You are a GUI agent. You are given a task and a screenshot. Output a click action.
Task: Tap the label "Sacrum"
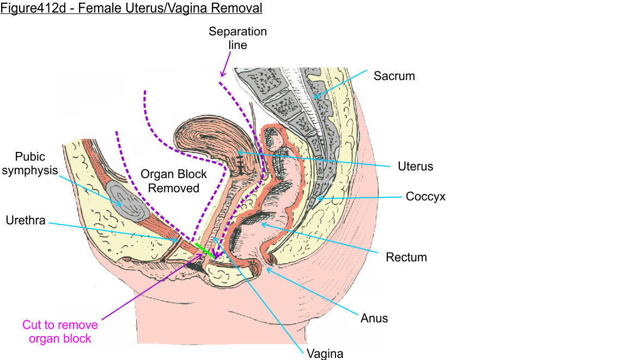coord(394,76)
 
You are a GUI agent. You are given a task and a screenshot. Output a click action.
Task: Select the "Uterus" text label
coord(415,166)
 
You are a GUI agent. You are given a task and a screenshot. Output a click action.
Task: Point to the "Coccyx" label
coord(425,197)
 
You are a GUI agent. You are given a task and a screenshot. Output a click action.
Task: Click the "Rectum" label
coord(406,257)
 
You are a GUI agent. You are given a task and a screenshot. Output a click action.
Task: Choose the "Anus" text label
coord(374,318)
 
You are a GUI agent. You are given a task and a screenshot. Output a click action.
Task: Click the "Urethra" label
coord(25,221)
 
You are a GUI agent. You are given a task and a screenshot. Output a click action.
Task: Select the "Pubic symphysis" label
coord(36,163)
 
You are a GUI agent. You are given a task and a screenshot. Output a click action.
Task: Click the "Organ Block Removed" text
coord(174,181)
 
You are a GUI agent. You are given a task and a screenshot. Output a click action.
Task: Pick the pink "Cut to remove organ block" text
coord(60,332)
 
